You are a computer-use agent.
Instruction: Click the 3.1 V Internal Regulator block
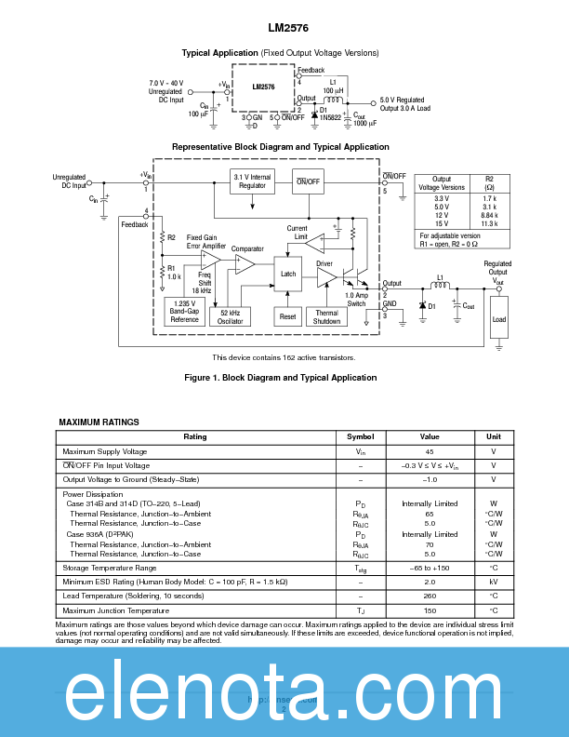click(x=252, y=181)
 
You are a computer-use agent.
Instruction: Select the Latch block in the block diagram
click(x=287, y=273)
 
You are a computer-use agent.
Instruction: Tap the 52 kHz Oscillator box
click(x=231, y=316)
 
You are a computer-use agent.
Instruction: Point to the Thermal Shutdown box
click(x=326, y=316)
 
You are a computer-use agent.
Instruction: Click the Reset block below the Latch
click(x=287, y=316)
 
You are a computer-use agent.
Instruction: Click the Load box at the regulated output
click(x=499, y=320)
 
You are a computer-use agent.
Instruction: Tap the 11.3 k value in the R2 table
click(x=490, y=223)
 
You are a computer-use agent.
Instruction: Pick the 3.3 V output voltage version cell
click(x=442, y=198)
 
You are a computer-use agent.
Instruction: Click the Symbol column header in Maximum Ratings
click(x=360, y=436)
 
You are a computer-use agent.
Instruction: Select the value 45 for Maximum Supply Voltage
click(x=429, y=451)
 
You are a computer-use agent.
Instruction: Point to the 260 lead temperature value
click(x=429, y=596)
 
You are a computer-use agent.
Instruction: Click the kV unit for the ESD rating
click(x=493, y=582)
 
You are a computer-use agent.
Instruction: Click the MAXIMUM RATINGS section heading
click(x=99, y=422)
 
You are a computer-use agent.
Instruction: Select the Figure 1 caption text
click(x=281, y=377)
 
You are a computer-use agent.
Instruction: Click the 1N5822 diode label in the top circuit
click(x=330, y=118)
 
